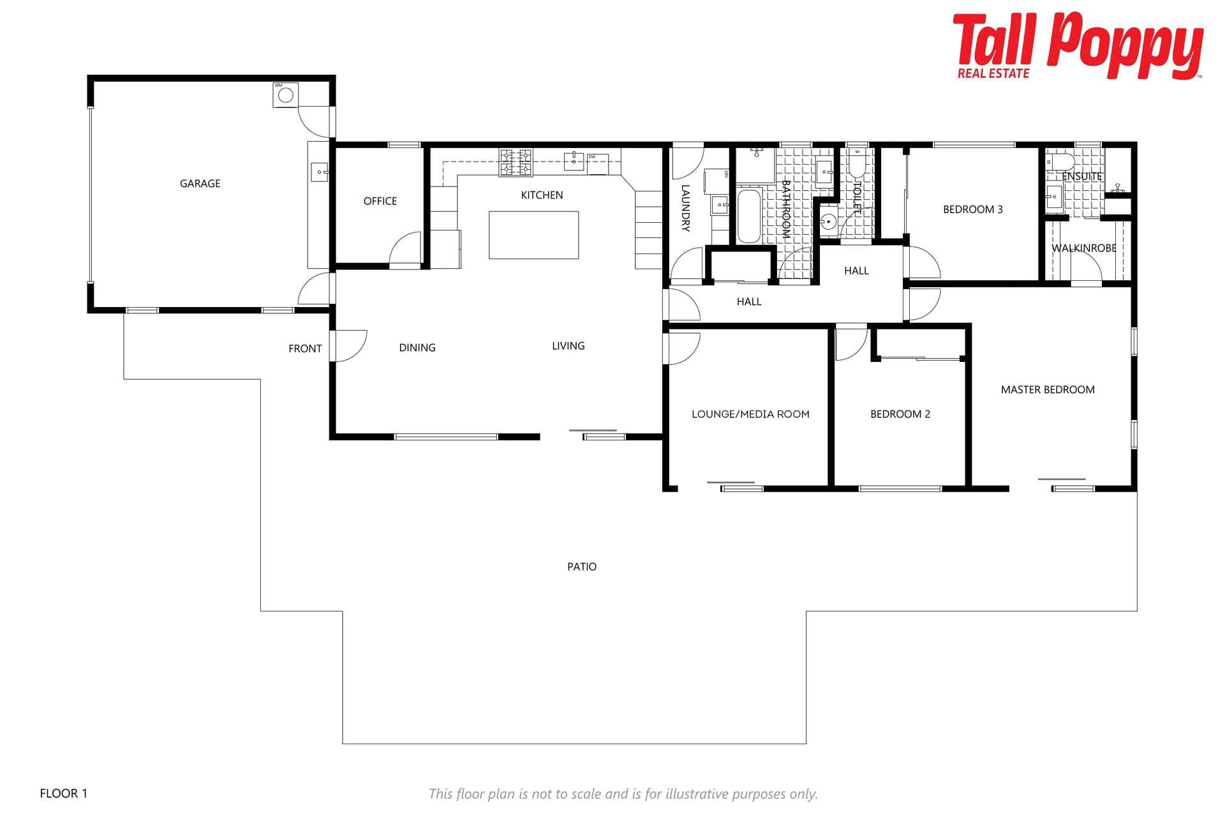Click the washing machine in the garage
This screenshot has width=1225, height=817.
pyautogui.click(x=285, y=94)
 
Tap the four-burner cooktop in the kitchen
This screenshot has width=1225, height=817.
pyautogui.click(x=516, y=162)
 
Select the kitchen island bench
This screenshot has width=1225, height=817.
pyautogui.click(x=533, y=235)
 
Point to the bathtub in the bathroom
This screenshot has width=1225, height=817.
pyautogui.click(x=749, y=216)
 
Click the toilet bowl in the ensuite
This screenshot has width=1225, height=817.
pyautogui.click(x=1060, y=160)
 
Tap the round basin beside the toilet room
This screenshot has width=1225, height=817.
pyautogui.click(x=828, y=221)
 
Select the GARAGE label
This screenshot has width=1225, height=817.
pyautogui.click(x=200, y=183)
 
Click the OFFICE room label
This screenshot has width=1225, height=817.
pyautogui.click(x=380, y=201)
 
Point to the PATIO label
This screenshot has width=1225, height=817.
pyautogui.click(x=582, y=566)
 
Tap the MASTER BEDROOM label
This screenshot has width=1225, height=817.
pyautogui.click(x=1048, y=389)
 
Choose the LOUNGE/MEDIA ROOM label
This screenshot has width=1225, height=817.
pyautogui.click(x=750, y=414)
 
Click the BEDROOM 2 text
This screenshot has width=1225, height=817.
pyautogui.click(x=900, y=414)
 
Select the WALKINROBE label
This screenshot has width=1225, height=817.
pyautogui.click(x=1084, y=248)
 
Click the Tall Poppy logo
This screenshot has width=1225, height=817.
pyautogui.click(x=1078, y=46)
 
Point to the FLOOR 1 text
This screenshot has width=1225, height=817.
pyautogui.click(x=63, y=793)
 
